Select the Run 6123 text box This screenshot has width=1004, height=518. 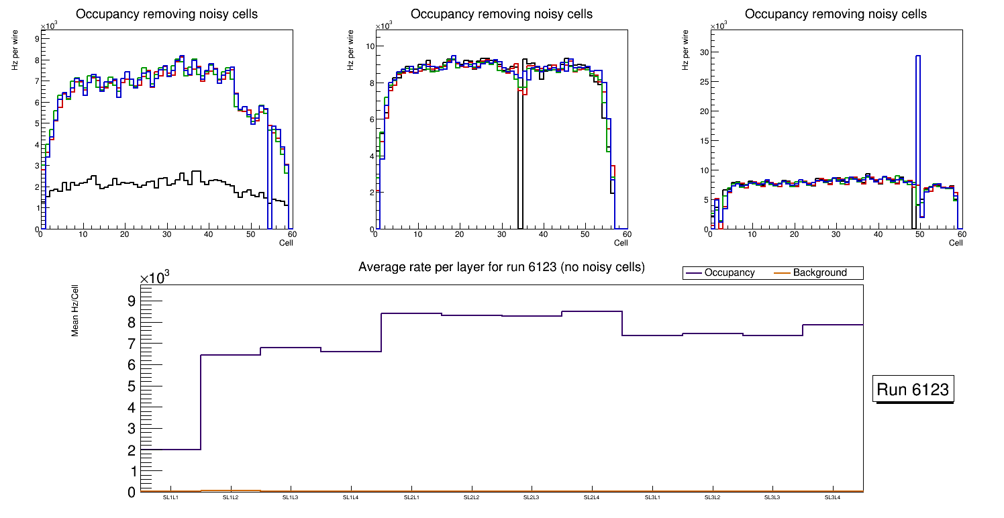(x=914, y=389)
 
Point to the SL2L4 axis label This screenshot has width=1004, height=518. (x=591, y=497)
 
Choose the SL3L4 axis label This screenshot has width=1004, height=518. (x=832, y=497)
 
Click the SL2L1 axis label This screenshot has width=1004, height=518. (x=411, y=497)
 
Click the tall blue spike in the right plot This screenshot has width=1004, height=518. (x=918, y=134)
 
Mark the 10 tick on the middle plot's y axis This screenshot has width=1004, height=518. (x=370, y=46)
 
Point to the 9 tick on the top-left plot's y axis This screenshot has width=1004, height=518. (x=36, y=39)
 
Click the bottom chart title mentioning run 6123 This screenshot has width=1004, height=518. (x=501, y=267)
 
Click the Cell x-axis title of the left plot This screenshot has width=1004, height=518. (x=286, y=242)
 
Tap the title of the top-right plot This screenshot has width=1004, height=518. (x=836, y=14)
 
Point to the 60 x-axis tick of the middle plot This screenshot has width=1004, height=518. (x=625, y=234)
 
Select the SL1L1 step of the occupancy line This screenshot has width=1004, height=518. (x=171, y=450)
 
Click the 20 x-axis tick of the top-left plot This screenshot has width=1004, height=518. (x=124, y=234)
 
